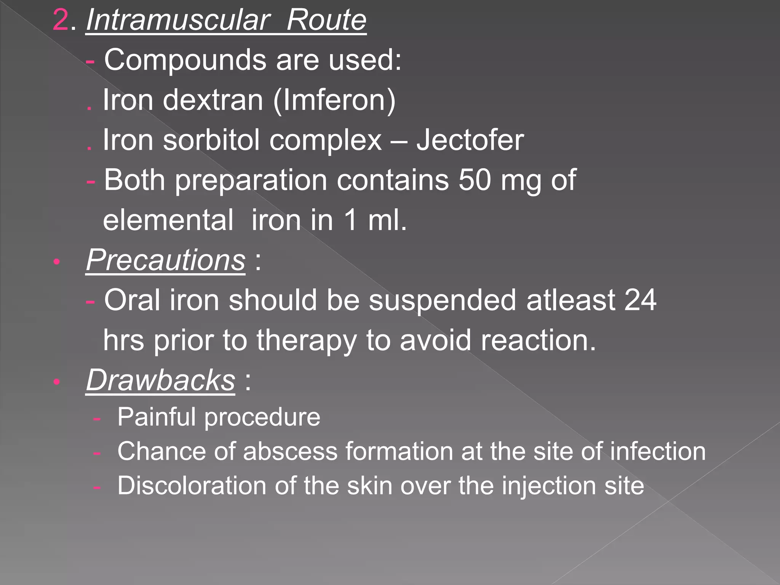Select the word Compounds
tap(185, 61)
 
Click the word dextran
tap(213, 100)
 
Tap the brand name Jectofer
tap(470, 140)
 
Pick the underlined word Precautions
tap(166, 261)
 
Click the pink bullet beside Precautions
tap(57, 262)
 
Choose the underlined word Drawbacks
tap(160, 380)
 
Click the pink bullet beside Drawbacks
tap(57, 382)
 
